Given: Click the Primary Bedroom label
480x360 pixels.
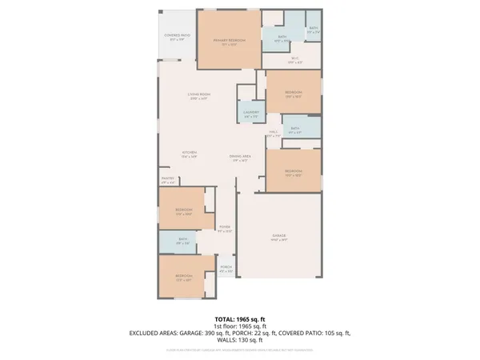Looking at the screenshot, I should (x=229, y=41).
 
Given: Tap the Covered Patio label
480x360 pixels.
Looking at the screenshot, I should (x=177, y=37).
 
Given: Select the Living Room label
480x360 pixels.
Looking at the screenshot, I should (x=198, y=96).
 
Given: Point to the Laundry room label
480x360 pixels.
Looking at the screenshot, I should (x=251, y=114).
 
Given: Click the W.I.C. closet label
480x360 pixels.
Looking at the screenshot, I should (x=294, y=59).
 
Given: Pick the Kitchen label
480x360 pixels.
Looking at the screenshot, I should (x=189, y=154).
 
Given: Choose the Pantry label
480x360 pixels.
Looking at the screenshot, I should (x=168, y=180).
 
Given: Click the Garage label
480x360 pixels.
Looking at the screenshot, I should (x=278, y=237).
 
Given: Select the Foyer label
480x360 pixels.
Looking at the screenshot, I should (x=225, y=229).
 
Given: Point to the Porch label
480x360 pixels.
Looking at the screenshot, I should (x=226, y=269).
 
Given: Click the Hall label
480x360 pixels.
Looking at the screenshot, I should (x=273, y=134).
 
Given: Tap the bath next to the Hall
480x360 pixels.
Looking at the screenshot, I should (x=294, y=130).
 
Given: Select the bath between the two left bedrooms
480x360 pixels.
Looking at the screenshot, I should (x=183, y=241).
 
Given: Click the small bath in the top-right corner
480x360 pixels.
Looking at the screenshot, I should (x=314, y=30).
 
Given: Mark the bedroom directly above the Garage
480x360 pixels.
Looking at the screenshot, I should (x=294, y=173).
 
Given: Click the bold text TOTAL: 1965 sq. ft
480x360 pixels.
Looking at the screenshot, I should (x=239, y=318).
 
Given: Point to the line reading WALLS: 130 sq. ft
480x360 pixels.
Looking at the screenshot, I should (x=239, y=338).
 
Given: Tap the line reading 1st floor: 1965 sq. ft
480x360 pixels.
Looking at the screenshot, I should (x=239, y=326).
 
